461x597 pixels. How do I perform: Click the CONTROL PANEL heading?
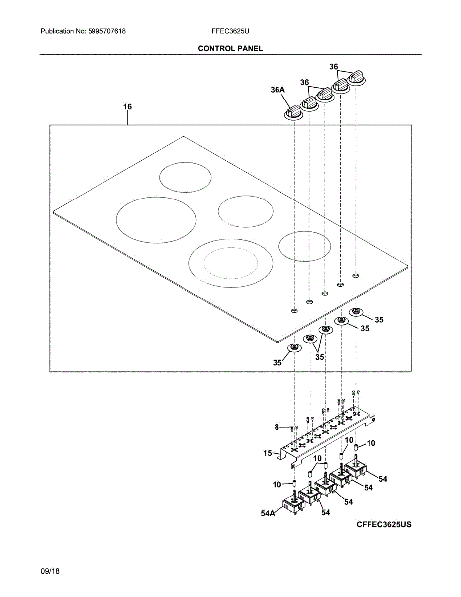230,48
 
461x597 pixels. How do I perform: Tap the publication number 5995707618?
106,31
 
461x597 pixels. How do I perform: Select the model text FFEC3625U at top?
230,31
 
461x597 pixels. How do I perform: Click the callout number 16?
128,107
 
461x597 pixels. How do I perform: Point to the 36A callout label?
278,90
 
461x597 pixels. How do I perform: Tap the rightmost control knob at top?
356,78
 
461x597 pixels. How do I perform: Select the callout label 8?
277,427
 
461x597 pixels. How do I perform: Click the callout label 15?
268,453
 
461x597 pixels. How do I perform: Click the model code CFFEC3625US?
383,525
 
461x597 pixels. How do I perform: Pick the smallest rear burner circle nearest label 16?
185,177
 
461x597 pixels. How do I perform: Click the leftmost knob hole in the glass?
294,311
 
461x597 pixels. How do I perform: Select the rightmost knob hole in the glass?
356,275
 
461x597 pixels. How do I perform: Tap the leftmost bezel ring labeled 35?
295,347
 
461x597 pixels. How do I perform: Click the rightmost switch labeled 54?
356,467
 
